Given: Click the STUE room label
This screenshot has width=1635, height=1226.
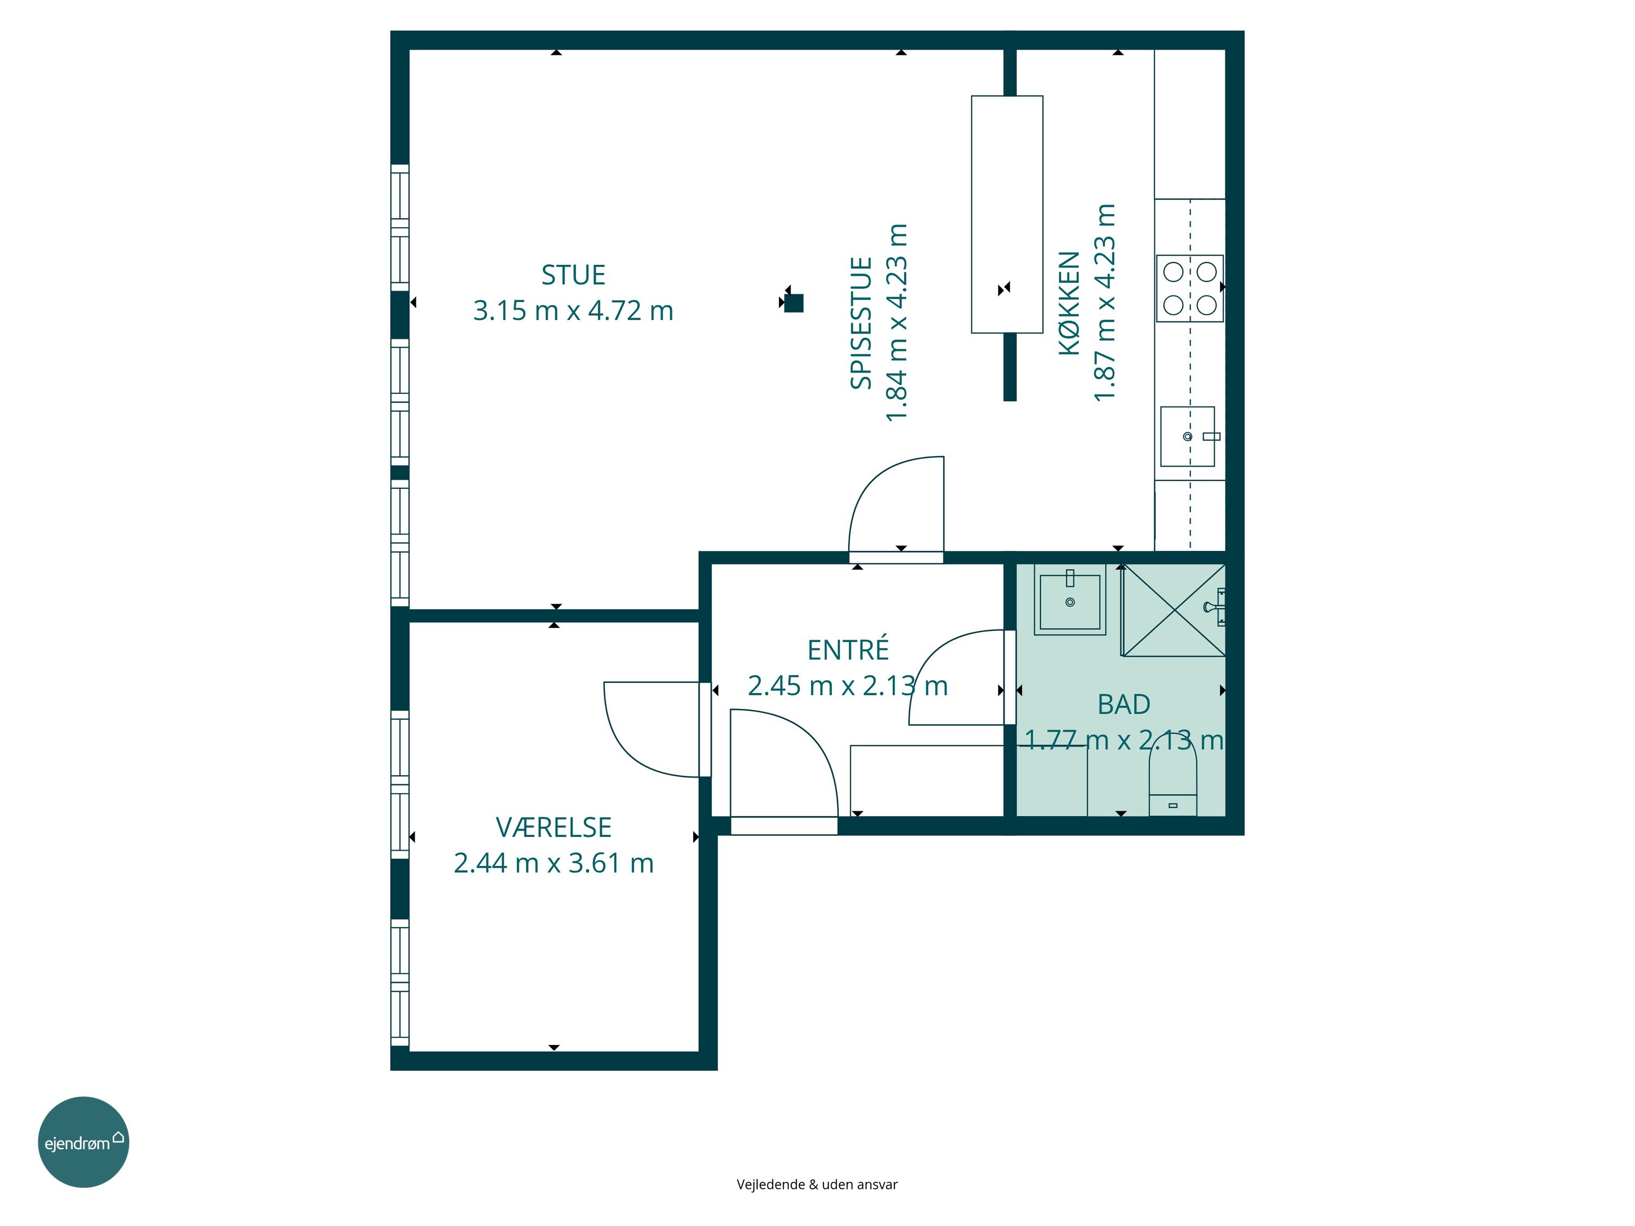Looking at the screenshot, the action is click(x=573, y=275).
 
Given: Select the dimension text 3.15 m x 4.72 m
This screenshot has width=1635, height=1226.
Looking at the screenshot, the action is click(x=573, y=311).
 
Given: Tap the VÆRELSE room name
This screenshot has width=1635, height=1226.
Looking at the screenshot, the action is click(x=554, y=827).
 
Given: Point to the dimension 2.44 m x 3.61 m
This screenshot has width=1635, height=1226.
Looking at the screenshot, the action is click(x=554, y=863).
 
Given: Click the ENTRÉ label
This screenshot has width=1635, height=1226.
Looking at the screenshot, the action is click(x=848, y=649).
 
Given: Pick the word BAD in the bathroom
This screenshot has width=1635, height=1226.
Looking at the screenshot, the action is click(x=1123, y=704).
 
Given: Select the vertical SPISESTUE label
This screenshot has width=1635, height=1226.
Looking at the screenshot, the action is click(x=861, y=323).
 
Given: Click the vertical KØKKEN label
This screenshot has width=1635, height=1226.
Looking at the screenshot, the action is click(x=1069, y=303).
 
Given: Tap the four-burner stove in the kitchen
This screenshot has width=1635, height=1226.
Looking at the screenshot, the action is click(x=1189, y=288).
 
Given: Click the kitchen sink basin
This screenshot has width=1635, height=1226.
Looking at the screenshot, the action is click(x=1187, y=436).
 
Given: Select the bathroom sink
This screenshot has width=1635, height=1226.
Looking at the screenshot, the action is click(x=1069, y=600).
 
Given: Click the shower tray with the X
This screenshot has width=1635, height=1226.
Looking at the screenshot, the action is click(x=1173, y=610).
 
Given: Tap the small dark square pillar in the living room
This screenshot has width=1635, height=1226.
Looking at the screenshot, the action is click(x=794, y=303).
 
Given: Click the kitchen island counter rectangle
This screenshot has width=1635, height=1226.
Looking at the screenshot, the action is click(x=1007, y=214).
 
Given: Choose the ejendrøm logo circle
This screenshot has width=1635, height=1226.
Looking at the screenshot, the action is click(x=83, y=1142).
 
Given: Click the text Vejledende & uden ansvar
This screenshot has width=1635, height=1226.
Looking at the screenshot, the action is click(x=817, y=1184).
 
